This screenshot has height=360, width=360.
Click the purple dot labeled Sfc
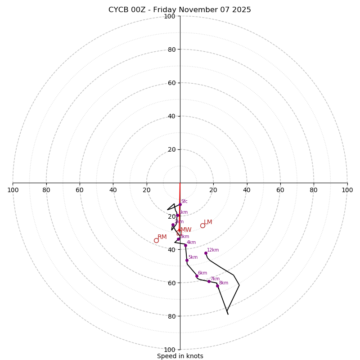pos(180,205)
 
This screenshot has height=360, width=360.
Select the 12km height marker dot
pos(206,253)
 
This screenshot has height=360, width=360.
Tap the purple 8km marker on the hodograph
pos(217,286)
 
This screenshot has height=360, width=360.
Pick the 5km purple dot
pos(187,260)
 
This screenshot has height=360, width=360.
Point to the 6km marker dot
pos(197,276)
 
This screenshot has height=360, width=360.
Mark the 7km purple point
pos(209,281)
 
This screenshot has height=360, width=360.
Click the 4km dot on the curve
pos(185,245)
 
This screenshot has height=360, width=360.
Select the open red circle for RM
pos(156,240)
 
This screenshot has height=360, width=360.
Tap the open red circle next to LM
pos(202,225)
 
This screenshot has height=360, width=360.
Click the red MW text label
pos(186,230)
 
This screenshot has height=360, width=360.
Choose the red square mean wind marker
pos(179,233)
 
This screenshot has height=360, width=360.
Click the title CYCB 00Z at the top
pos(180,10)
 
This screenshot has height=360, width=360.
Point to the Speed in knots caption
pos(180,356)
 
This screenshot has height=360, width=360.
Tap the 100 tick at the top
pos(170,16)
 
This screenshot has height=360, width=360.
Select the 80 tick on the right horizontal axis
pos(314,190)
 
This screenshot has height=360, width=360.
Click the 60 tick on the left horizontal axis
pos(80,190)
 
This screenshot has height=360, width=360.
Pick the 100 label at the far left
pos(13,190)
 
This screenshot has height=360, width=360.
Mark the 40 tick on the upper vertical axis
pos(171,116)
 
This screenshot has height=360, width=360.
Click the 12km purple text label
pos(213,250)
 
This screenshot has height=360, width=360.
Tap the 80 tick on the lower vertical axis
pos(171,316)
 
